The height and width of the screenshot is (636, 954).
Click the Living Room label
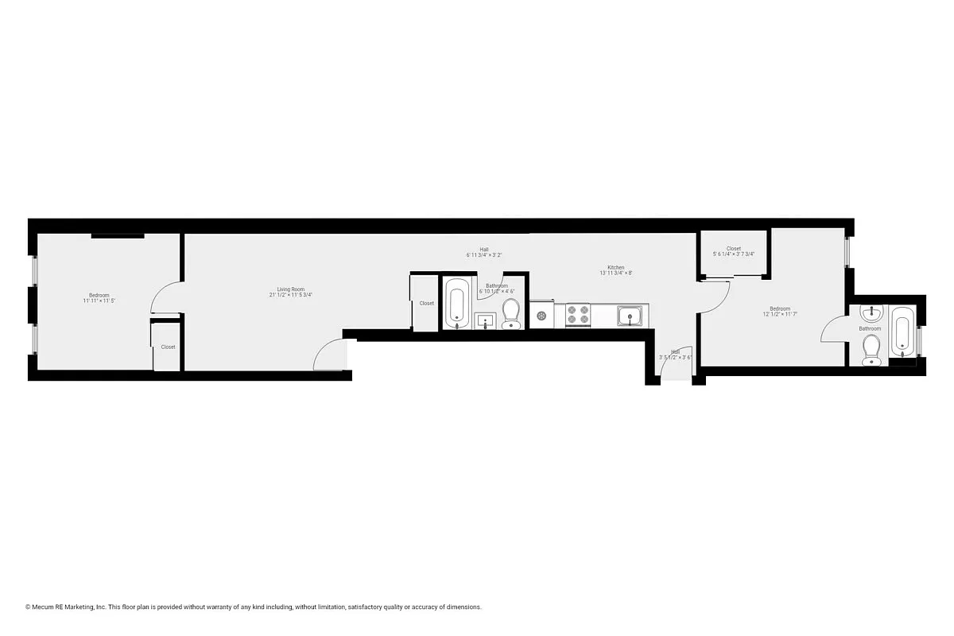[x=290, y=289]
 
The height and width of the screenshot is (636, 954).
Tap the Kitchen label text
[x=615, y=267]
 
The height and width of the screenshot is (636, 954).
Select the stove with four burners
[x=578, y=316]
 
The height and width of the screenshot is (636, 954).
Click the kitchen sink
[x=632, y=317]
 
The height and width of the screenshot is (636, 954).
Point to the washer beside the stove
[x=541, y=316]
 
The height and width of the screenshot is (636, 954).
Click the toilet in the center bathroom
[x=510, y=313]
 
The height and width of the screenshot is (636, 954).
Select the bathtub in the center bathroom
[x=456, y=303]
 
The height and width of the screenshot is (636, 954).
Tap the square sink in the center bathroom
[x=485, y=321]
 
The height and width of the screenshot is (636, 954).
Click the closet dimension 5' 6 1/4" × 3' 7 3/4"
[x=734, y=254]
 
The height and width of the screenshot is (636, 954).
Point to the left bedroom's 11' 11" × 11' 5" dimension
[x=99, y=301]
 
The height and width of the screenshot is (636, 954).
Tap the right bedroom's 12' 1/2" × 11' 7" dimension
[x=779, y=314]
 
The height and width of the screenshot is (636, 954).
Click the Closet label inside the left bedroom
[x=168, y=347]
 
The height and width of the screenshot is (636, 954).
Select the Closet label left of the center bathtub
[x=427, y=303]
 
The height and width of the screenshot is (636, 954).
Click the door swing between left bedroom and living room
[x=163, y=298]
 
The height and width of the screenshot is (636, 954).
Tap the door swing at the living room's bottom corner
[x=330, y=355]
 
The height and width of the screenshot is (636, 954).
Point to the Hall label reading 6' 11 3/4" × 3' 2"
[x=484, y=254]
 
